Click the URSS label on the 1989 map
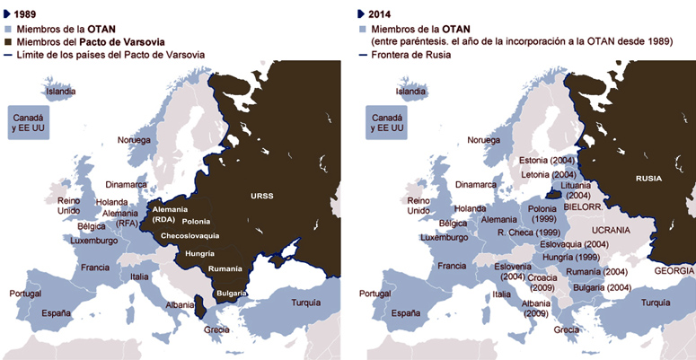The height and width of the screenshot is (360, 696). click(262, 196)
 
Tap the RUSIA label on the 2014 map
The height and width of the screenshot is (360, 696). click(648, 178)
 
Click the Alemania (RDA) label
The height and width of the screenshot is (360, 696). click(163, 215)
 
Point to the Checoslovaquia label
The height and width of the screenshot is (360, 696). click(189, 236)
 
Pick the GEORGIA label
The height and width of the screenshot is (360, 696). click(674, 270)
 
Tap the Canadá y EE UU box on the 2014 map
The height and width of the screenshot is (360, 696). click(386, 123)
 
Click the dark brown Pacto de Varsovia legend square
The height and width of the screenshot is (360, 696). click(8, 41)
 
